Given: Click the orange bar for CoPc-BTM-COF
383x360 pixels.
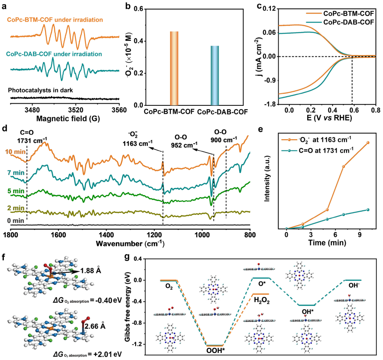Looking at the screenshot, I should tap(174, 68).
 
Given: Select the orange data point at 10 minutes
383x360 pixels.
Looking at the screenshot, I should tap(368, 142).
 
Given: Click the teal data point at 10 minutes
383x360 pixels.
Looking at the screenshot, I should tap(368, 210).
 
